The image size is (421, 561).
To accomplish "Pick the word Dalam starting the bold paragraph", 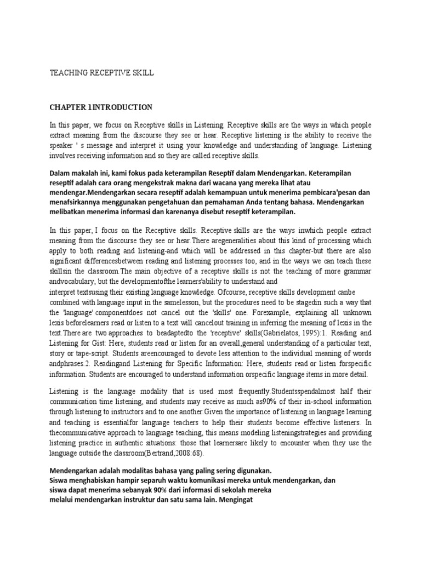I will point(61,173).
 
